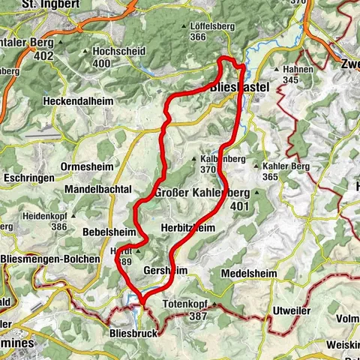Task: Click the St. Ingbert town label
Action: pos(53,4)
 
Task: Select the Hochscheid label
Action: pos(114,52)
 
